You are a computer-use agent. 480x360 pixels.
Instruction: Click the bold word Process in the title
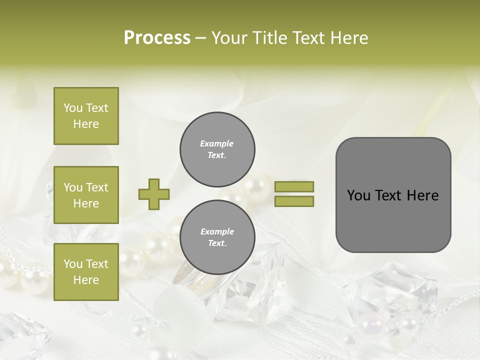(157, 38)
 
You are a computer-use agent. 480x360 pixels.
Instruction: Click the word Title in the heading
(269, 38)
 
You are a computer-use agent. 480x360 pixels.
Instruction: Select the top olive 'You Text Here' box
(86, 116)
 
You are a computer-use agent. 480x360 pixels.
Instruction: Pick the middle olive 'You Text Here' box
(86, 195)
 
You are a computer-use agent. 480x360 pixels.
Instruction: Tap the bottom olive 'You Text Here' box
(86, 271)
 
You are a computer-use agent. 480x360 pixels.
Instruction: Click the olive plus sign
(154, 194)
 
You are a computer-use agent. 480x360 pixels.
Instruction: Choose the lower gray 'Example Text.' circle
(217, 237)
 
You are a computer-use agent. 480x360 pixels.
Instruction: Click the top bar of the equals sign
(294, 186)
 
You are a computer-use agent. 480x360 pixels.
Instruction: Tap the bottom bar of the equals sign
(294, 201)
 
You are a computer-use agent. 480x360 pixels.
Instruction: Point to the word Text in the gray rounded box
(388, 195)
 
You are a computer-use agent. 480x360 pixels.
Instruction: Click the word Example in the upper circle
(217, 143)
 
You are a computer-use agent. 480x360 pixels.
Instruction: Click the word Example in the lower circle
(217, 231)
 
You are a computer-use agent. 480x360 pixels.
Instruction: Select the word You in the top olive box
(72, 108)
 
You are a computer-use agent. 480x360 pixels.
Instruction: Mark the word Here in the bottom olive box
(86, 279)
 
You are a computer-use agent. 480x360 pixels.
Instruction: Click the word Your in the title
(230, 38)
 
